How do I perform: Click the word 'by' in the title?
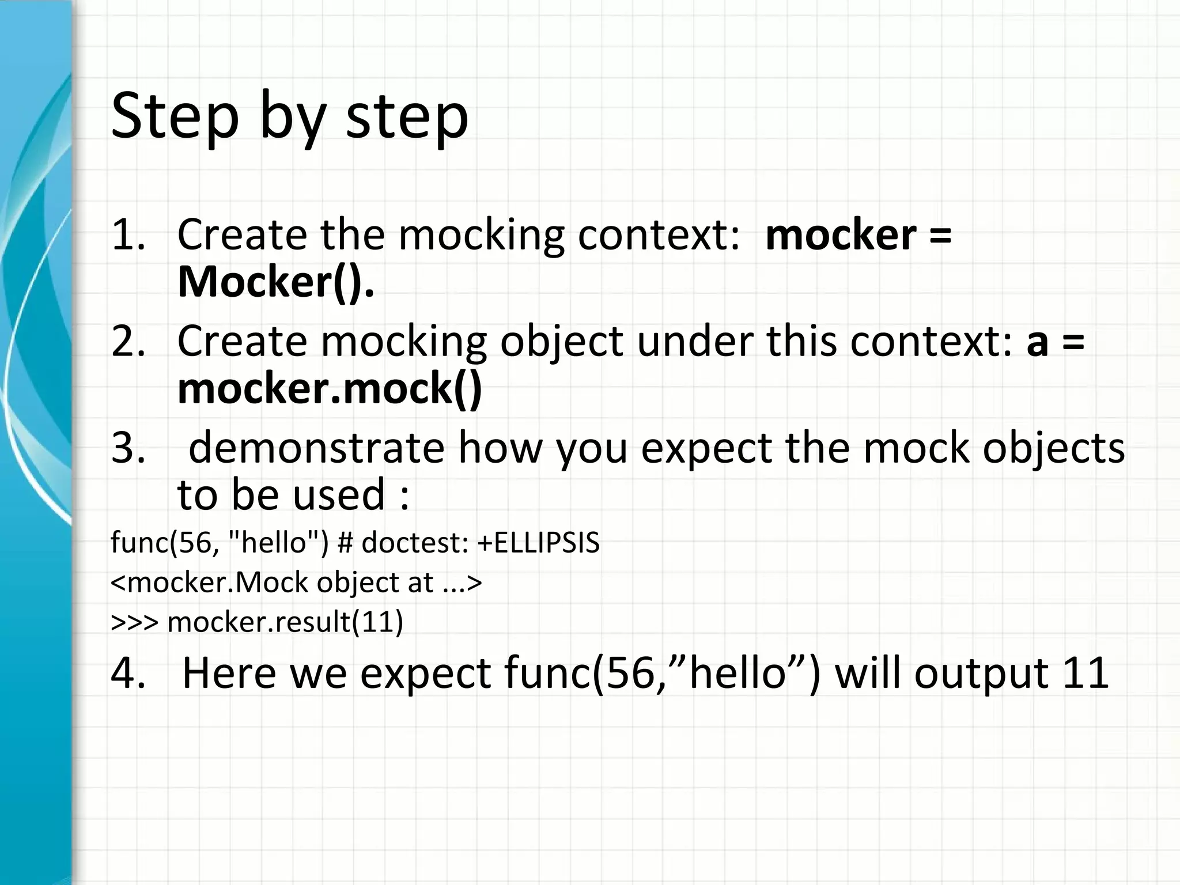(x=291, y=118)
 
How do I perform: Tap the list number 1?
(x=128, y=235)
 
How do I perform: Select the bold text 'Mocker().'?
(x=276, y=282)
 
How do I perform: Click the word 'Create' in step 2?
(x=242, y=341)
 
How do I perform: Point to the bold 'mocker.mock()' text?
(x=330, y=388)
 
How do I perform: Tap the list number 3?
(x=128, y=448)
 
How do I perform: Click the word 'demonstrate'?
(x=316, y=448)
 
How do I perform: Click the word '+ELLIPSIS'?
(x=538, y=543)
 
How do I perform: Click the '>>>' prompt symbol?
(x=134, y=622)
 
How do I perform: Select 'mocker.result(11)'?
(x=285, y=622)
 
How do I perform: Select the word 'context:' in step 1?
(x=659, y=235)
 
